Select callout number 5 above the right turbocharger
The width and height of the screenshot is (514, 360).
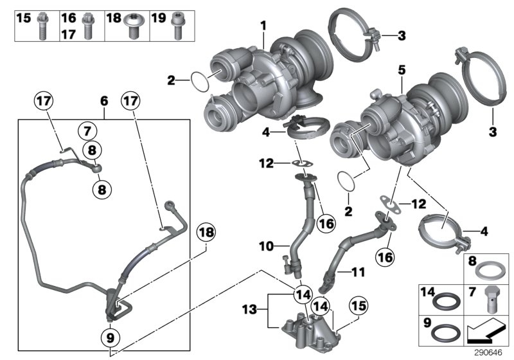(x=400, y=67)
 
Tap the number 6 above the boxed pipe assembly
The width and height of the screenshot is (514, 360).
(x=104, y=102)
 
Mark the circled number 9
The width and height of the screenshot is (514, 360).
(x=111, y=336)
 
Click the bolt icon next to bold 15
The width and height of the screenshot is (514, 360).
(x=43, y=25)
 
